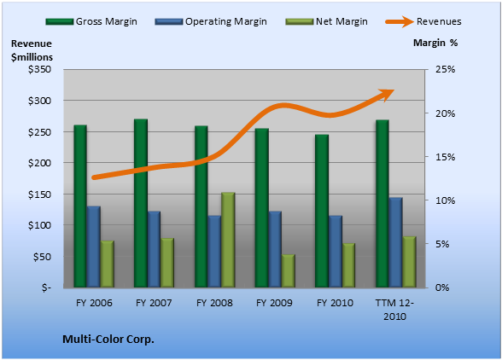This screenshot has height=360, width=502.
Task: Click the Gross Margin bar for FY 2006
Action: pos(80,206)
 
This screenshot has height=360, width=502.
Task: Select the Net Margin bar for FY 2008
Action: pos(228,240)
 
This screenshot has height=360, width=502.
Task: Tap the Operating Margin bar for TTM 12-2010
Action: pos(396,242)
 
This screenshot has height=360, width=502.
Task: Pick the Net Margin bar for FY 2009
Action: pos(289,271)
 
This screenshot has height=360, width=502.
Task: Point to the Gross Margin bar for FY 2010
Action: pos(322,211)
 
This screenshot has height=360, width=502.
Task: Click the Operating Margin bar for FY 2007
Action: pos(154,249)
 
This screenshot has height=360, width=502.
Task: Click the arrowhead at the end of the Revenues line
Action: pos(387,95)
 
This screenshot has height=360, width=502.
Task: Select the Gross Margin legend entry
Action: pos(91,21)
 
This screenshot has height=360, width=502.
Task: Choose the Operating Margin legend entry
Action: pos(211,21)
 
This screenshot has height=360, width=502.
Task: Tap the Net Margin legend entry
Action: pos(326,21)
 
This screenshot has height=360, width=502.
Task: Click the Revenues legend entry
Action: pos(423,21)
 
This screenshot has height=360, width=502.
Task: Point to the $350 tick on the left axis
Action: pos(39,69)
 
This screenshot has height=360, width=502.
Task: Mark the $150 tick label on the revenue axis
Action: pos(39,195)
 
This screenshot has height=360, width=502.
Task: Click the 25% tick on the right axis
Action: pos(445,69)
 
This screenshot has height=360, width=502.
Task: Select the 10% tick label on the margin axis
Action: pos(445,200)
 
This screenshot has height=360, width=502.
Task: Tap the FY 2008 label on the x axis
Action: pos(214,303)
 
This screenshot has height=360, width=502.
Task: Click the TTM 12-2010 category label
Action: pos(394,310)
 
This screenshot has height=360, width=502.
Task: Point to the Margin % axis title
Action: pos(435,43)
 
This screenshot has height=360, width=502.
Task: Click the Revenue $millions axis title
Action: pos(32,50)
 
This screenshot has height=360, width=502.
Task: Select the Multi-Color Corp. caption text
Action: pos(108,340)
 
